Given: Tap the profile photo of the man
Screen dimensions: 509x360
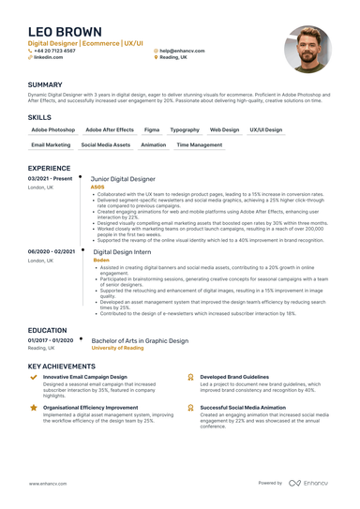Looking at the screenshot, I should (x=307, y=50).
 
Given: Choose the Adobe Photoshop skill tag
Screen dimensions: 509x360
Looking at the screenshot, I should (x=53, y=129).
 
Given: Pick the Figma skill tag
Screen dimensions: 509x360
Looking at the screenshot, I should (x=152, y=129).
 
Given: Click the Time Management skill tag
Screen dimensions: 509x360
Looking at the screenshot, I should (x=200, y=145).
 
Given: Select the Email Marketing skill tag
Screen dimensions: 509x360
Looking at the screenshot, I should (x=51, y=145).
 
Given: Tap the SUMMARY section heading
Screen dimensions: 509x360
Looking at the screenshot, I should (x=46, y=84).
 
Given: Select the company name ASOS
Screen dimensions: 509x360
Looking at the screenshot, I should (x=97, y=187).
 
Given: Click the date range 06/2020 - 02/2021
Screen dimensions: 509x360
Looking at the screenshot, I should (x=52, y=251).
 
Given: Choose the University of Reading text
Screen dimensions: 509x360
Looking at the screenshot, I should (x=117, y=348).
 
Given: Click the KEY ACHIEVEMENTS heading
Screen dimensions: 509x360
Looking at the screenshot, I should (x=66, y=367).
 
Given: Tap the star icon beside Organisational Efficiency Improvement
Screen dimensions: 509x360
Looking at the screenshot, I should (x=35, y=409).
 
